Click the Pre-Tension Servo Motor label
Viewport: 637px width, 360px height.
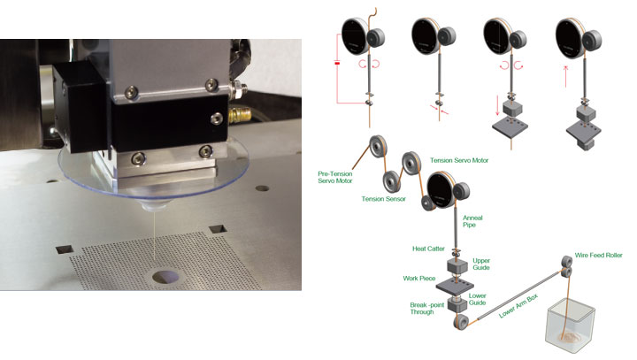click(x=335, y=177)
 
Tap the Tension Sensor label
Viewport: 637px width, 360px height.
click(x=383, y=199)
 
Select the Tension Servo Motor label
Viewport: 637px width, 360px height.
click(x=459, y=160)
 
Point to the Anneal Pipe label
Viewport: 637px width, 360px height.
click(x=472, y=221)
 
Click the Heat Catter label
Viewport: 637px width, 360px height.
click(x=428, y=249)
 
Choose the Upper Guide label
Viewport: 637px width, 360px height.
click(x=481, y=264)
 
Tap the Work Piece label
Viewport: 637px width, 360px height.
click(x=418, y=279)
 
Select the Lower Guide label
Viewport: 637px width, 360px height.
click(x=478, y=299)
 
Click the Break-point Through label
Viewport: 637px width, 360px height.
click(x=427, y=308)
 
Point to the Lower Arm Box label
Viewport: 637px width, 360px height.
click(x=518, y=305)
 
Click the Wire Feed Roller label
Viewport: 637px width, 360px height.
click(x=598, y=255)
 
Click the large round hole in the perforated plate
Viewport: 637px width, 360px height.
click(x=165, y=277)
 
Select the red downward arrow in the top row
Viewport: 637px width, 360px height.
click(x=497, y=105)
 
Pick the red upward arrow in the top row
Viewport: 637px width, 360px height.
click(x=566, y=76)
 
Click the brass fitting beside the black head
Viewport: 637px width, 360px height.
click(x=240, y=115)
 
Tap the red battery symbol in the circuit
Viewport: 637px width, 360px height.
click(x=337, y=63)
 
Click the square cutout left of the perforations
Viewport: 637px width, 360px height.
click(x=65, y=249)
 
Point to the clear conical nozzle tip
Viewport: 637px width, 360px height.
click(x=155, y=206)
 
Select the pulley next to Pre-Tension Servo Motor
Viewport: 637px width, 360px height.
click(x=379, y=146)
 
